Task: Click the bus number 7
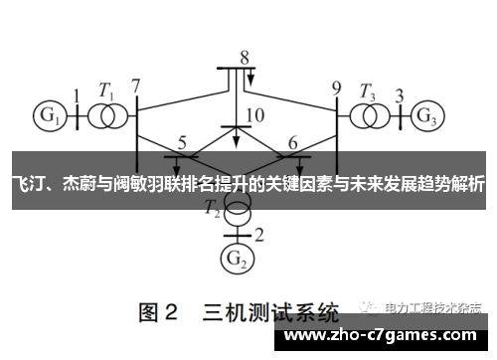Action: point(136,87)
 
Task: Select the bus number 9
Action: point(336,87)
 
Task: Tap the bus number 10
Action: point(254,115)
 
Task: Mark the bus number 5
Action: point(182,142)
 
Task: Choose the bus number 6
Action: point(292,142)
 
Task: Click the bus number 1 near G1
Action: point(77,96)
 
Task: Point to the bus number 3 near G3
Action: point(399,96)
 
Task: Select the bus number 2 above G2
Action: point(259,235)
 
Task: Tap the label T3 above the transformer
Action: point(369,90)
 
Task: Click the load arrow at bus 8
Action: point(251,79)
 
